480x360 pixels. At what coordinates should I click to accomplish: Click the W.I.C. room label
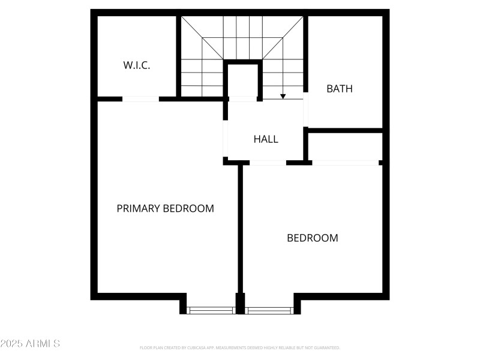tap(137, 65)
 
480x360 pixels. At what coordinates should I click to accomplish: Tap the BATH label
tap(340, 89)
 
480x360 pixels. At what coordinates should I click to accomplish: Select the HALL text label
tap(266, 139)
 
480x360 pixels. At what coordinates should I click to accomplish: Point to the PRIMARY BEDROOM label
tap(165, 209)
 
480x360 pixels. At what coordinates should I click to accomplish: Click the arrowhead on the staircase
tap(283, 96)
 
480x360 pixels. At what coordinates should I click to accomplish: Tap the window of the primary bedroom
tap(211, 310)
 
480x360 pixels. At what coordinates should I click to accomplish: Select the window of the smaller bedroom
tap(269, 310)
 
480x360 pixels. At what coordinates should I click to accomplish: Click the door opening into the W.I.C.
tap(141, 99)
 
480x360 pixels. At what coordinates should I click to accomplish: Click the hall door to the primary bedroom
tap(226, 138)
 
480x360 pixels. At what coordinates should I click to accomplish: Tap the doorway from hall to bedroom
tap(268, 163)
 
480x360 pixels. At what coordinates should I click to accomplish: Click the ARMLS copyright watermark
tap(30, 344)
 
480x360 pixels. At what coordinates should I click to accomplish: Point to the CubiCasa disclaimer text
tap(240, 347)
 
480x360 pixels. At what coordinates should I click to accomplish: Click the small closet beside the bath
tap(346, 146)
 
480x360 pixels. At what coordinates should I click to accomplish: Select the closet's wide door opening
tap(346, 163)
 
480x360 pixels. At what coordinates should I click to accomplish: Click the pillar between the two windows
tap(241, 304)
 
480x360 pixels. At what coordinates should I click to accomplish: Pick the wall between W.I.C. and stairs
tap(178, 56)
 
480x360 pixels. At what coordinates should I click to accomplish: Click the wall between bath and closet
tap(346, 130)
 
